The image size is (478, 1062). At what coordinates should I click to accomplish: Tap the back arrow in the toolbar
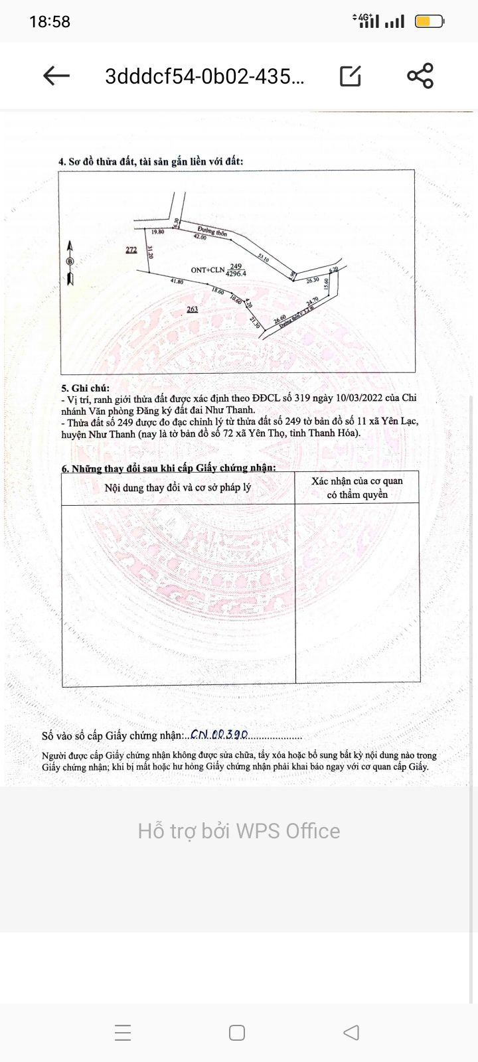tap(56, 76)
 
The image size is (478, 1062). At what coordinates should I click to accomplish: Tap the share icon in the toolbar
tap(420, 76)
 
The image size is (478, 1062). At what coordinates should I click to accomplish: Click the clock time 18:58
tap(50, 22)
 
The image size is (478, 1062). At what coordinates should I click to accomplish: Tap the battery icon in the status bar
tap(429, 22)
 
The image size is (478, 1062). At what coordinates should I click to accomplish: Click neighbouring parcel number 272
tap(131, 250)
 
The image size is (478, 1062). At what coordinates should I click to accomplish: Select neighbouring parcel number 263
tap(193, 309)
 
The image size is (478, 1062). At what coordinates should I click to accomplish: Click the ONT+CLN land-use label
tap(208, 270)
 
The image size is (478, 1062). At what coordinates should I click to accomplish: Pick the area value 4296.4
tap(236, 273)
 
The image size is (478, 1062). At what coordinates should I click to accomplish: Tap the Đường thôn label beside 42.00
tap(212, 232)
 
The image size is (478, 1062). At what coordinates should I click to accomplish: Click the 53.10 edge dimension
tap(264, 258)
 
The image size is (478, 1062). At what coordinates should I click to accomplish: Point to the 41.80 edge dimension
tap(177, 281)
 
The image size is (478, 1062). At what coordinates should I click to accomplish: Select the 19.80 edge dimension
tap(157, 232)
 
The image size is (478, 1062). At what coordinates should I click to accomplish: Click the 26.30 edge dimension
tap(313, 281)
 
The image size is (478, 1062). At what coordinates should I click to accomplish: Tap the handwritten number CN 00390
tap(219, 735)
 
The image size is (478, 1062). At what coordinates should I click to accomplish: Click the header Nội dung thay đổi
tap(177, 488)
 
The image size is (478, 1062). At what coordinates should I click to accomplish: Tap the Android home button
tap(237, 1033)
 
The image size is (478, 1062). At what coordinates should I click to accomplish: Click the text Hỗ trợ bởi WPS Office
tap(239, 831)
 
